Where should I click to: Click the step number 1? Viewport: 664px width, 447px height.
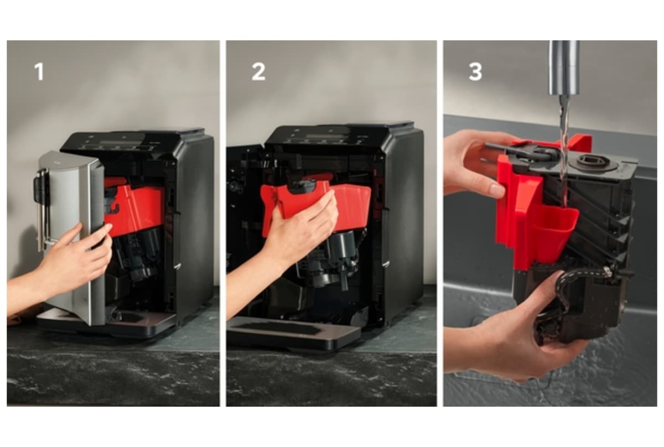[x=39, y=72]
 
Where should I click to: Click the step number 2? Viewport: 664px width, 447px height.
[x=258, y=72]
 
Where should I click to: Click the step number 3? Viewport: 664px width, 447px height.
[x=475, y=72]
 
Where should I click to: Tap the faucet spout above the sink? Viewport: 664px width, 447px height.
[x=564, y=67]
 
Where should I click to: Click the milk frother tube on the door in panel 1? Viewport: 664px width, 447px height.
[x=41, y=207]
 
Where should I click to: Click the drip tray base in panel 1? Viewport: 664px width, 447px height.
[x=107, y=323]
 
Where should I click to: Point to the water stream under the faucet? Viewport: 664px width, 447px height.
[x=564, y=148]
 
